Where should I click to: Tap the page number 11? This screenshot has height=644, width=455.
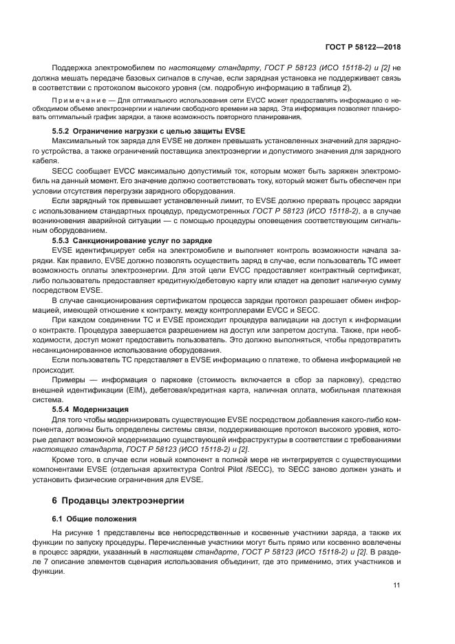click(396, 585)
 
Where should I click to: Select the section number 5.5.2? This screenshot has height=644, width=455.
click(63, 130)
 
